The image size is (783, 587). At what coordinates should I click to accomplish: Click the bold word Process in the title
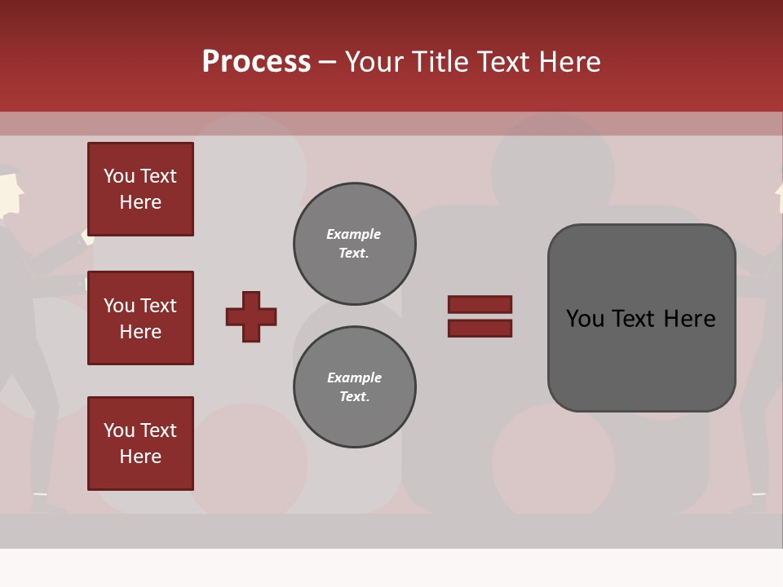(x=256, y=62)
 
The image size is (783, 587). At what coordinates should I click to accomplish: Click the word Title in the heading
(x=440, y=62)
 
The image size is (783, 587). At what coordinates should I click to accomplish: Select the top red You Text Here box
(x=140, y=189)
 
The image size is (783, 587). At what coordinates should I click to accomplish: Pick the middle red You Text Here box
(x=140, y=318)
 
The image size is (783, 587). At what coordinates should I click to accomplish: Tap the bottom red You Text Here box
(x=140, y=444)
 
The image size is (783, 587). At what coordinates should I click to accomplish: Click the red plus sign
(x=251, y=316)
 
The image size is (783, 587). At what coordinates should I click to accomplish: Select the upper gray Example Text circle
(x=355, y=244)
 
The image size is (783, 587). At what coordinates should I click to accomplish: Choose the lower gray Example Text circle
(x=355, y=387)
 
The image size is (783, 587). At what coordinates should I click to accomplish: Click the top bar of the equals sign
(x=480, y=304)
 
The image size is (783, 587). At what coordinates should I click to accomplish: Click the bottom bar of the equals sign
(x=480, y=329)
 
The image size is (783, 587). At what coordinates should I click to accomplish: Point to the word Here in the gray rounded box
(x=690, y=319)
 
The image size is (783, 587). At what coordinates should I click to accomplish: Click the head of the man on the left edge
(x=10, y=192)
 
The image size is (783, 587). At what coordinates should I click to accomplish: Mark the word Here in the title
(x=570, y=62)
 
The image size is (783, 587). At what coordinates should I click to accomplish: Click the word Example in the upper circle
(x=354, y=234)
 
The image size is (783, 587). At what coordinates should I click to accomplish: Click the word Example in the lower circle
(x=354, y=377)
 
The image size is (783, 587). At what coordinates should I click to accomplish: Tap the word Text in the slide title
(x=504, y=62)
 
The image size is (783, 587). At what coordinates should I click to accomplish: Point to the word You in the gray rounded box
(x=585, y=319)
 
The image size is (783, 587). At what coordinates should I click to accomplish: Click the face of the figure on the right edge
(x=778, y=196)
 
